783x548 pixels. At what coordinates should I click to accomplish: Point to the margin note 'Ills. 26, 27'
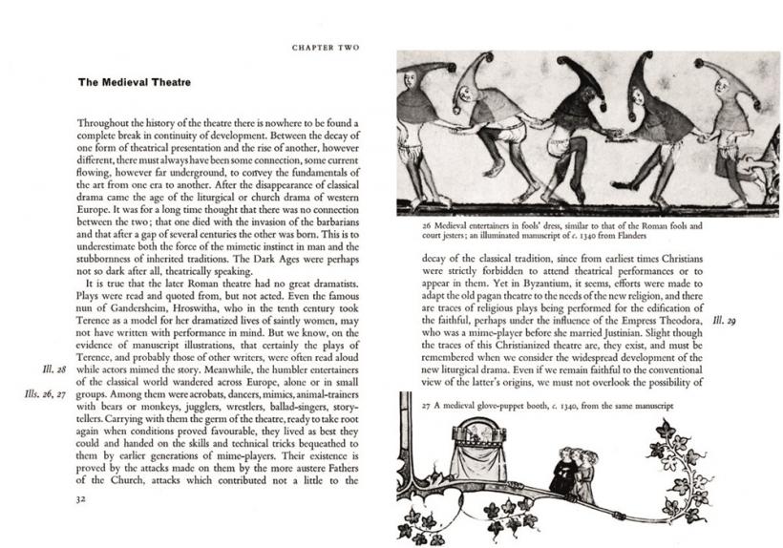click(x=42, y=393)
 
